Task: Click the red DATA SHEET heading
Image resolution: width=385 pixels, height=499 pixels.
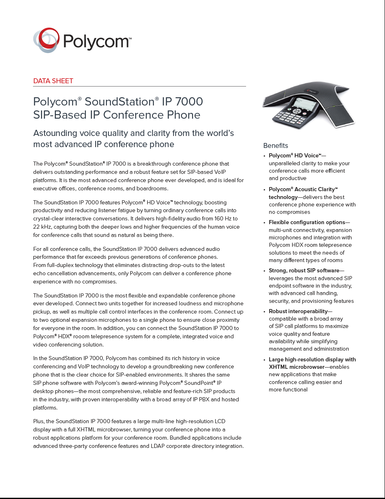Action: click(x=53, y=81)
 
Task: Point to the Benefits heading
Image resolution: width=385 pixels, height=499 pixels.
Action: click(x=275, y=145)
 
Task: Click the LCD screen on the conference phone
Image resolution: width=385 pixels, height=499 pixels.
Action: click(x=305, y=104)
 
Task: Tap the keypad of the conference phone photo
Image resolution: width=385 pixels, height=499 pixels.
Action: click(x=290, y=117)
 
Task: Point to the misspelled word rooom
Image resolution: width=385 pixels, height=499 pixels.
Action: click(x=83, y=336)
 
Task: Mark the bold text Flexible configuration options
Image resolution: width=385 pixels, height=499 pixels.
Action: click(x=307, y=222)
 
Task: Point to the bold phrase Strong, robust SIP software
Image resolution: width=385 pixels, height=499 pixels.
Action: click(x=304, y=271)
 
